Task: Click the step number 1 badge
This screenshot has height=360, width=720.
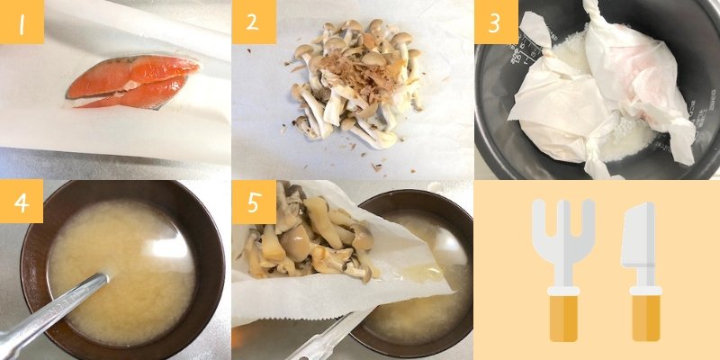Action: (22, 22)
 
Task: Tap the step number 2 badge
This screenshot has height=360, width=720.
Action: (254, 22)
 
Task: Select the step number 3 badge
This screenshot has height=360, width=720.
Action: (497, 22)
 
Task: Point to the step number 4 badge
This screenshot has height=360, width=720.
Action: (22, 201)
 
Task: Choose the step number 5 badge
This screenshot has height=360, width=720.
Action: (254, 202)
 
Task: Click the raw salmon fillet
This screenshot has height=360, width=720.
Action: (133, 82)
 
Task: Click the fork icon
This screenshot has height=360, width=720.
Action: (563, 271)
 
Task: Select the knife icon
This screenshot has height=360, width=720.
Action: (642, 272)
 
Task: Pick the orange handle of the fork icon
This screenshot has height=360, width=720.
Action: (563, 319)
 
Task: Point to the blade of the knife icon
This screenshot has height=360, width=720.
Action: (638, 235)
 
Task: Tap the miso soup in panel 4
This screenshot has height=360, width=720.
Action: (121, 272)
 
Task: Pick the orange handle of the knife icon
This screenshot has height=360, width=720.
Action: (645, 319)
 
